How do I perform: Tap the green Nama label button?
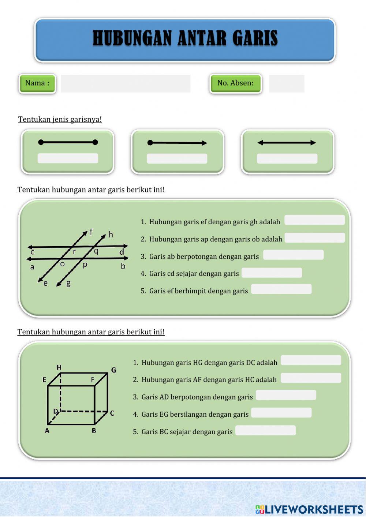(37, 83)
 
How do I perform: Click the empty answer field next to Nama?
(126, 83)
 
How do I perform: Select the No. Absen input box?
(287, 83)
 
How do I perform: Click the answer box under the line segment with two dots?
(68, 158)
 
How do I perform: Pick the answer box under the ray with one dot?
(177, 158)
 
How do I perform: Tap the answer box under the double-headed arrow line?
(287, 158)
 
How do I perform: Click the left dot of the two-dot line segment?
(41, 142)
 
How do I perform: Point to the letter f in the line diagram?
(91, 232)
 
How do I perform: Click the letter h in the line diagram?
(111, 235)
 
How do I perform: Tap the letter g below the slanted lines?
(68, 283)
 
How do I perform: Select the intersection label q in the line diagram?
(96, 251)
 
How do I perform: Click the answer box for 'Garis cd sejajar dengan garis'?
(272, 273)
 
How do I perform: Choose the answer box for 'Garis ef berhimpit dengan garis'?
(281, 289)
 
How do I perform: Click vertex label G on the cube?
(113, 370)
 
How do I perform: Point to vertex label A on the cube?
(47, 431)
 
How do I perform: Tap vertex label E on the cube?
(44, 380)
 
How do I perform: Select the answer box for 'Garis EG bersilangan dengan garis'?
(281, 413)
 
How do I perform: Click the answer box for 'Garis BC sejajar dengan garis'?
(266, 430)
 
